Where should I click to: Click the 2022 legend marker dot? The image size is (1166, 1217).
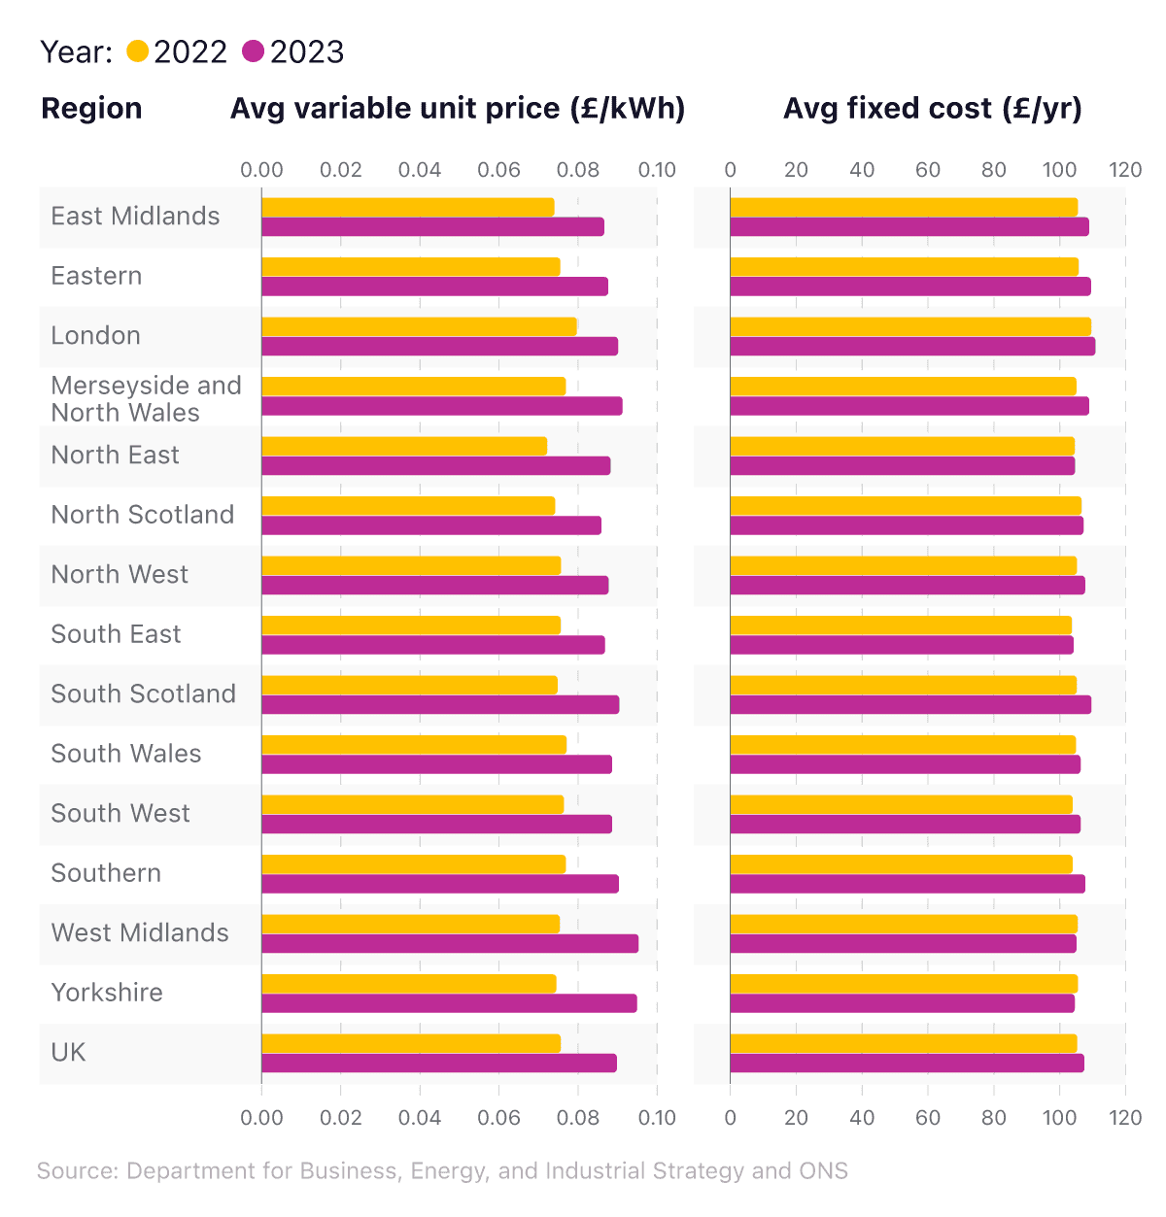(x=138, y=51)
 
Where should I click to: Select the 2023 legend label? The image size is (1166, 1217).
(x=307, y=51)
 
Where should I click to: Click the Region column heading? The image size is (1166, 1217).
(x=91, y=108)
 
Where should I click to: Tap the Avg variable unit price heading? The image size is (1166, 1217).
(x=458, y=108)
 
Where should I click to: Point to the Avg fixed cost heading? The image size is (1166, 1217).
(x=932, y=108)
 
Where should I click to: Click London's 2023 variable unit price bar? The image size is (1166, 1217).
(x=439, y=347)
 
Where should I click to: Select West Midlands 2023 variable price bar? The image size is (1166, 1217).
(x=450, y=944)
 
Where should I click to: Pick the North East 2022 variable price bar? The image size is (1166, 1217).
(x=404, y=446)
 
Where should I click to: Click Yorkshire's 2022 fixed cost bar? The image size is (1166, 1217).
(x=904, y=984)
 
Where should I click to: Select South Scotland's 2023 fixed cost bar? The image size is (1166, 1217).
(x=910, y=705)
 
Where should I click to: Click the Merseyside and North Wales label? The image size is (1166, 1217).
(x=146, y=399)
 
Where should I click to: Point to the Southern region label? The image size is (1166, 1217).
(x=106, y=873)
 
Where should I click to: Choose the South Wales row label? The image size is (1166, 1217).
(x=126, y=754)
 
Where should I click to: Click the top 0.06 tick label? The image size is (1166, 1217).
(x=498, y=170)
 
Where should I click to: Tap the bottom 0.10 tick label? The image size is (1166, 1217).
(x=657, y=1117)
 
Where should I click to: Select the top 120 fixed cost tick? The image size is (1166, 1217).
(x=1125, y=170)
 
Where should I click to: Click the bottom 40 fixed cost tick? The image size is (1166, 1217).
(x=862, y=1117)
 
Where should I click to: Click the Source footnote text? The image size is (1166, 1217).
(x=442, y=1170)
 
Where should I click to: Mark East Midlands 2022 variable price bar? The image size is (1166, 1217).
(x=408, y=207)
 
